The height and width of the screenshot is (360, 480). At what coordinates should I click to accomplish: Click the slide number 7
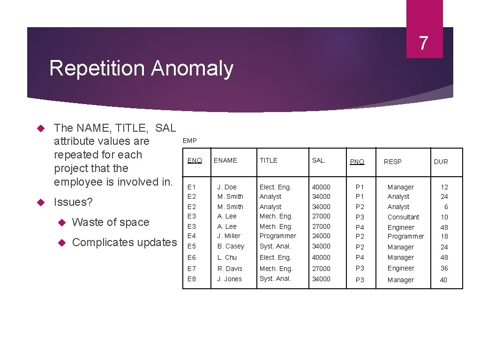click(x=424, y=44)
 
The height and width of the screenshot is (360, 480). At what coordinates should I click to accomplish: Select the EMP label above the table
click(x=189, y=141)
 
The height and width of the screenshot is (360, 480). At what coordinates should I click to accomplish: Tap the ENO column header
click(x=195, y=160)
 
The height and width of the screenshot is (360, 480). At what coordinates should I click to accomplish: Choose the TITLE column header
click(x=269, y=160)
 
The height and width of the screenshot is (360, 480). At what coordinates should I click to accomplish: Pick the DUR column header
click(x=441, y=162)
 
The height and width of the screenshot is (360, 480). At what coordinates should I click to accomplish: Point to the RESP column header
click(x=392, y=162)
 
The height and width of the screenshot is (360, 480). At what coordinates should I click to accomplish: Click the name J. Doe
click(x=227, y=187)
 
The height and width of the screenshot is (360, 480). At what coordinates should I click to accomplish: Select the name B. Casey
click(x=231, y=246)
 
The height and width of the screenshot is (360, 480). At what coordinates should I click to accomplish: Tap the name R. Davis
click(x=230, y=269)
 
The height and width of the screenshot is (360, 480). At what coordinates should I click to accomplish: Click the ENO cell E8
click(x=192, y=279)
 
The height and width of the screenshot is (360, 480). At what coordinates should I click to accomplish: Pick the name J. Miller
click(x=229, y=236)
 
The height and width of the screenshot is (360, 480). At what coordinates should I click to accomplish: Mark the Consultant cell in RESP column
click(x=403, y=217)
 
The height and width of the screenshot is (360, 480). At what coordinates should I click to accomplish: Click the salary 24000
click(x=321, y=236)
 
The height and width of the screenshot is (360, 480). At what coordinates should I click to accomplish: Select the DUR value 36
click(x=444, y=268)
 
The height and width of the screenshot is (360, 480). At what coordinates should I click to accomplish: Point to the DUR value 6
click(x=446, y=207)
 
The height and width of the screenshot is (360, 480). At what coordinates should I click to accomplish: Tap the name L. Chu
click(x=227, y=257)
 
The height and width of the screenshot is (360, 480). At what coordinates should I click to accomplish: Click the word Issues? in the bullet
click(x=74, y=202)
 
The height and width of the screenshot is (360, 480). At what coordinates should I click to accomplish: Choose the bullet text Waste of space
click(x=111, y=222)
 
